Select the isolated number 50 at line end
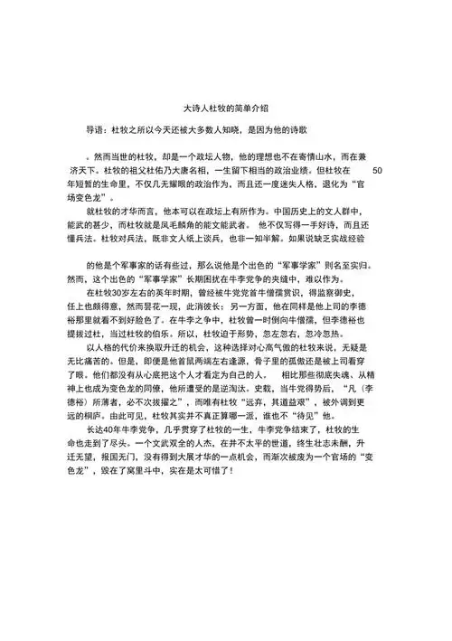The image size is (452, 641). coord(378,170)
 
